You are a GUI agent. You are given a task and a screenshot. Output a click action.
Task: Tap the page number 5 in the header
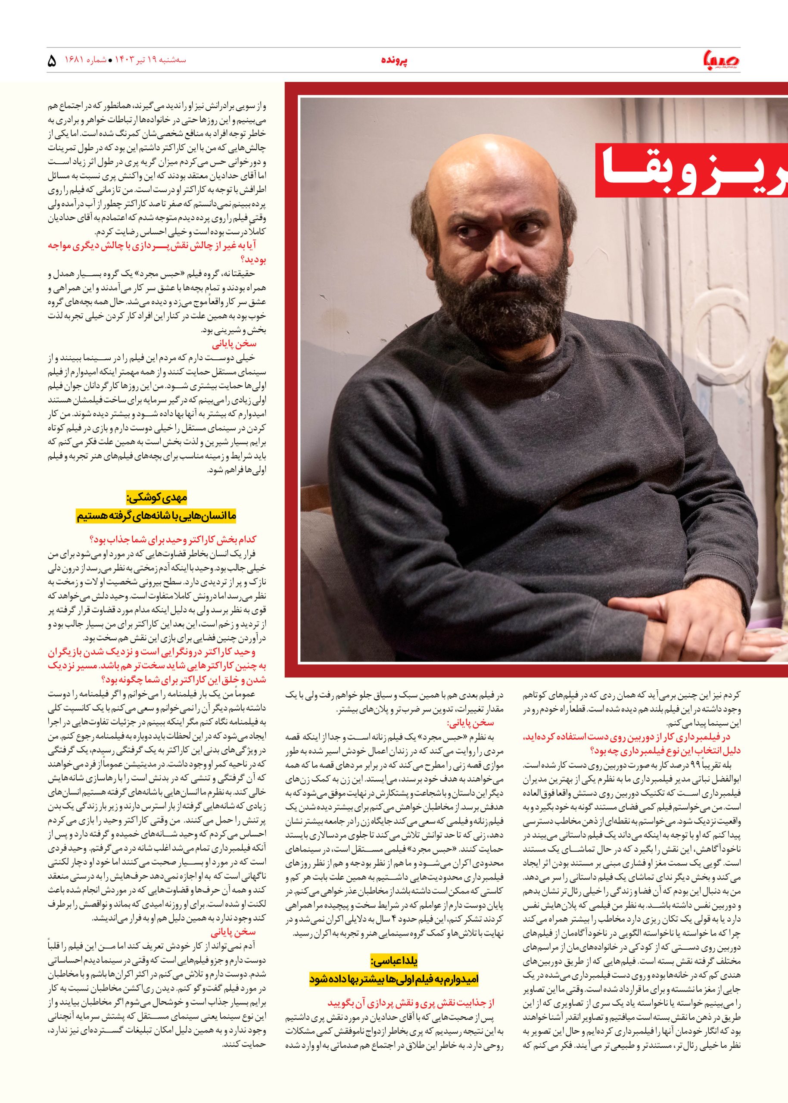point(53,62)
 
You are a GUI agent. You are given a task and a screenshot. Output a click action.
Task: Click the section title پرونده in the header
point(394,61)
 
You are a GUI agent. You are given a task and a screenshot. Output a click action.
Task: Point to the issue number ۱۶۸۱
point(86,61)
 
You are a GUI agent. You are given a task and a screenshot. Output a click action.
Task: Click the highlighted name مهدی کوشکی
point(156,497)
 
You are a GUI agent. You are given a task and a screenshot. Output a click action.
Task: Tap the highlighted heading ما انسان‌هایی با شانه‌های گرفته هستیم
point(156,516)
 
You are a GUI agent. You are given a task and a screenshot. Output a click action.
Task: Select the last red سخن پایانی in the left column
point(234,932)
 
